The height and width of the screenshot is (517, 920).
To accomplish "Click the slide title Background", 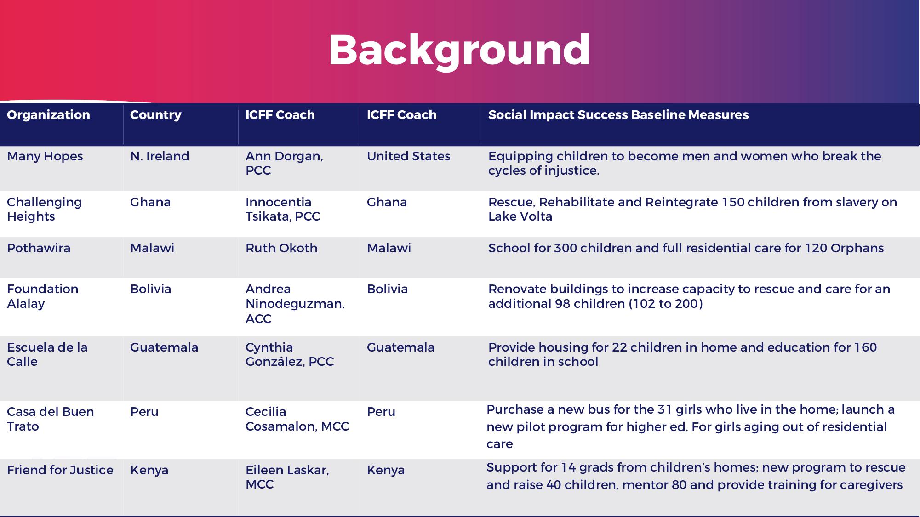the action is [459, 50].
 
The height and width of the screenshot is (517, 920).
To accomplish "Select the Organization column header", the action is [48, 115].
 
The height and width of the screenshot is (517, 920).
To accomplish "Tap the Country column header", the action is [155, 115].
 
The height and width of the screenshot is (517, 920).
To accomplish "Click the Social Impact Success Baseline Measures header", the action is [618, 115].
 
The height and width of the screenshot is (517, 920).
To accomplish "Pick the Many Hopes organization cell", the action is [45, 156].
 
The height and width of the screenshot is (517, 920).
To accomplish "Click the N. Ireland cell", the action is [160, 156].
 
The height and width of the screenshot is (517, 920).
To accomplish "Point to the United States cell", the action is [408, 156].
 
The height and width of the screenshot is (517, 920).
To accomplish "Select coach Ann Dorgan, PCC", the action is [284, 163].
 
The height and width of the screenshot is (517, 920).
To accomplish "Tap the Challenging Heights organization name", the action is [44, 209].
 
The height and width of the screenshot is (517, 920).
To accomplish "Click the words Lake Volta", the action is [520, 216].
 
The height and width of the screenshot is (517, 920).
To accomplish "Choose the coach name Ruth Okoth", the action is [281, 248].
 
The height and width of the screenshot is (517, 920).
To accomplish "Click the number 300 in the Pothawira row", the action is [565, 248].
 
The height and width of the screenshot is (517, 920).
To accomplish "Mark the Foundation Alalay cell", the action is [42, 296].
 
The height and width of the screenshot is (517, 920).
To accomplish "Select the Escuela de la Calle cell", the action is [47, 354].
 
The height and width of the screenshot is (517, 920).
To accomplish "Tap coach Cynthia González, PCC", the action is [290, 354].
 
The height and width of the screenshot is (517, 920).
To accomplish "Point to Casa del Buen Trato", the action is [50, 419].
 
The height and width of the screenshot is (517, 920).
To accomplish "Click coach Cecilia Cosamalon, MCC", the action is [297, 419].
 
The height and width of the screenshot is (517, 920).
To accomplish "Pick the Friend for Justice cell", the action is [60, 470].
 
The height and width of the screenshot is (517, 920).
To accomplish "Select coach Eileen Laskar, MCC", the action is [287, 477].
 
